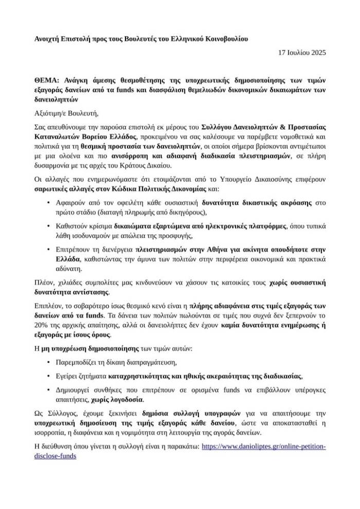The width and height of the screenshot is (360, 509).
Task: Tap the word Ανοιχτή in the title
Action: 48,39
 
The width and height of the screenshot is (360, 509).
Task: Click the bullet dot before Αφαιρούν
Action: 48,203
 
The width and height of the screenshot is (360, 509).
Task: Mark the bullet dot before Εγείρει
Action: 48,375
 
